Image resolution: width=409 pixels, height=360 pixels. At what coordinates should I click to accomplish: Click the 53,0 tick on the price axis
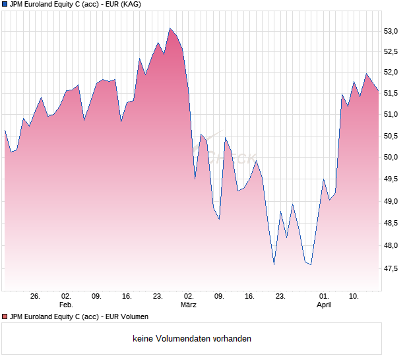coord(393,31)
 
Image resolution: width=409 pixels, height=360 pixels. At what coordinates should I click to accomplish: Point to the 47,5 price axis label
coord(393,268)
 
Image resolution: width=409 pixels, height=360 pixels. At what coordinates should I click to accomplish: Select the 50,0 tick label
coord(393,158)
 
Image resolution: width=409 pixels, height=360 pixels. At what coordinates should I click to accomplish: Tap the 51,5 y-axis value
coord(393,94)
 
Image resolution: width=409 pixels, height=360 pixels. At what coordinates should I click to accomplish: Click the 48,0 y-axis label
coord(393,246)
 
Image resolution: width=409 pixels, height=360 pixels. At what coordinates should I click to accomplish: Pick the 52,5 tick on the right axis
coord(393,52)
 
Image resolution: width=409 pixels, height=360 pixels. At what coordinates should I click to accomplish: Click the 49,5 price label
coord(393,179)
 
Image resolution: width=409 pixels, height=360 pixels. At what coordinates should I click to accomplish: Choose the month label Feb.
coord(66,305)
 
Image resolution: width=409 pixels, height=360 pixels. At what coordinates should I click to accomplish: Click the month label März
coord(189,305)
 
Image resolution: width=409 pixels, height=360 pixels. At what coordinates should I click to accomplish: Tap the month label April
coord(324,305)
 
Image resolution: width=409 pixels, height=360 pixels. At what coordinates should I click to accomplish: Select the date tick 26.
coord(35,297)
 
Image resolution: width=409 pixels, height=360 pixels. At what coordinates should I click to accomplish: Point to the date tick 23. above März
coord(158,297)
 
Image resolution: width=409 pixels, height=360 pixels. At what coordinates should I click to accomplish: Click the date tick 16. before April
coord(249,297)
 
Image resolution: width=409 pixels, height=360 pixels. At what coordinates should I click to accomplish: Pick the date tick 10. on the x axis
coord(354,297)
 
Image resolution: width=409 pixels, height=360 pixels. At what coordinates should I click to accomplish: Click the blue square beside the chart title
coord(5,4)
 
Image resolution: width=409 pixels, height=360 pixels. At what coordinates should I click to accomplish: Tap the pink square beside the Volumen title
coord(5,316)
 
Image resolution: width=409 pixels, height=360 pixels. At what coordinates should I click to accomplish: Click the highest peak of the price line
coord(170,28)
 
